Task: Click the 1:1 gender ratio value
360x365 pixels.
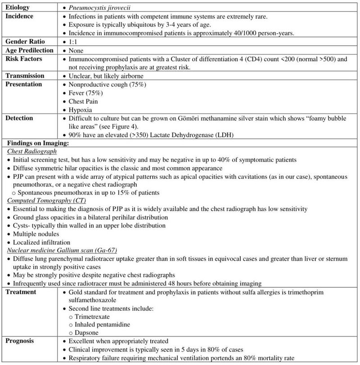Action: [73, 42]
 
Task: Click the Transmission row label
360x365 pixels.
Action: [25, 76]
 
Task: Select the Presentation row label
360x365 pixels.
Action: [24, 84]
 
